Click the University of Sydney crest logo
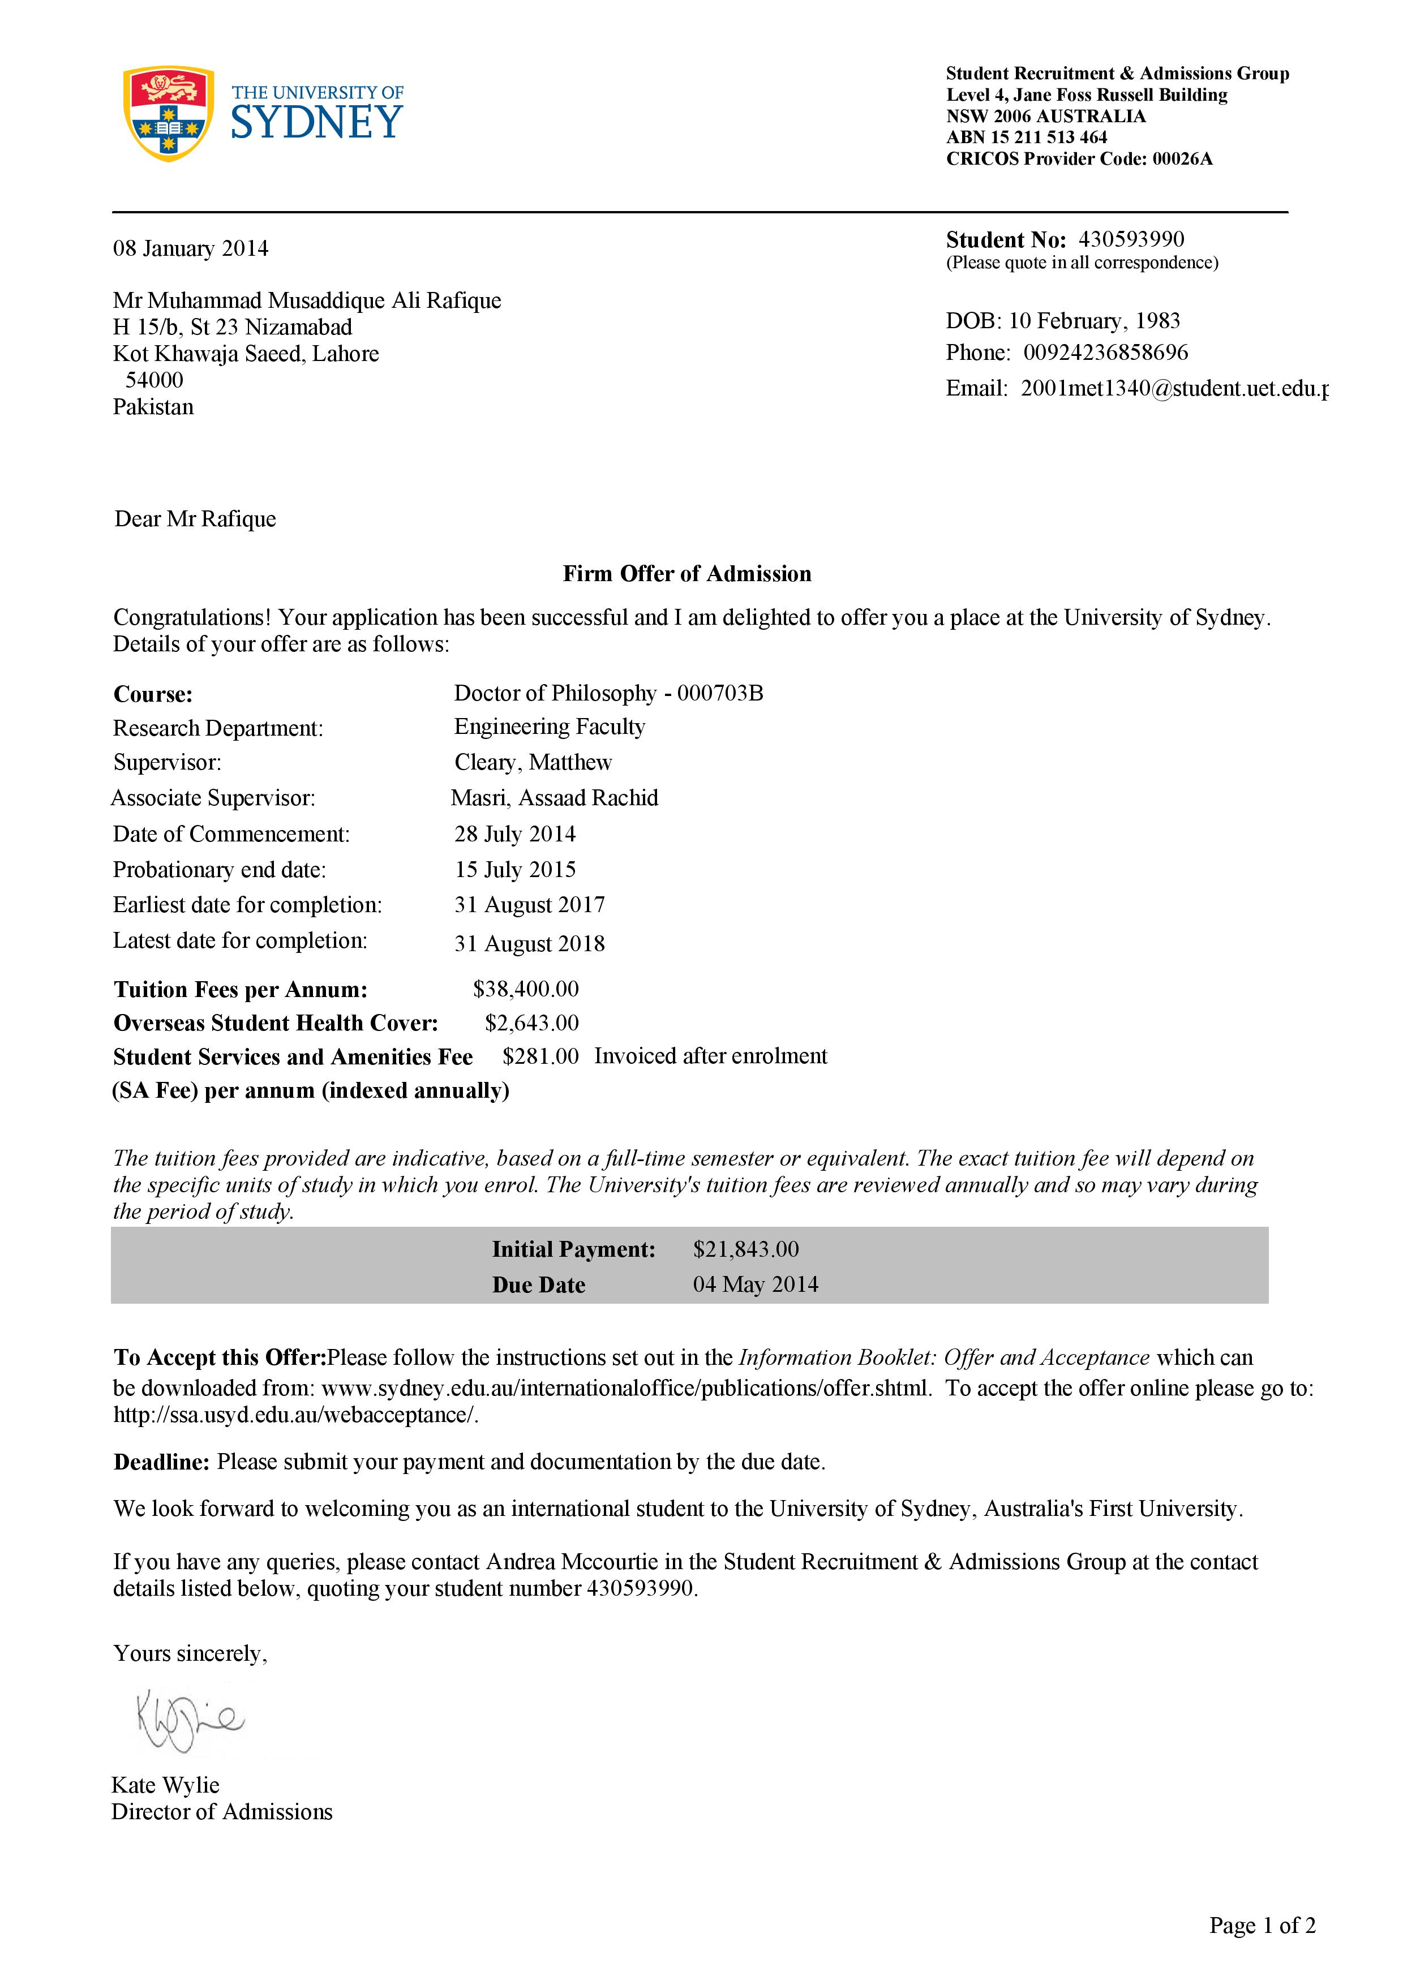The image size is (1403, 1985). tap(169, 113)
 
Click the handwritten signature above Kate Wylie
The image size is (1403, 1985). tap(190, 1720)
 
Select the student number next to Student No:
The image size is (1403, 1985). tap(1131, 239)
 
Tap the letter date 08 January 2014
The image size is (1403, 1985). tap(190, 249)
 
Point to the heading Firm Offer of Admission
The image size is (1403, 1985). tap(687, 574)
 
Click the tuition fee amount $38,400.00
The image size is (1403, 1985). tap(526, 989)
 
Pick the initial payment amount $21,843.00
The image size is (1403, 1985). tap(745, 1249)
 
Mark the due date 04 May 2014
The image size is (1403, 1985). tap(754, 1284)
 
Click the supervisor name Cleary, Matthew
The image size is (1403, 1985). tap(533, 763)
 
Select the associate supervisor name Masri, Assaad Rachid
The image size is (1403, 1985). tap(554, 798)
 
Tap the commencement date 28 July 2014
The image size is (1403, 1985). tap(514, 834)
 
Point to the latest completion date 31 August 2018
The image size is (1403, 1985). tap(529, 943)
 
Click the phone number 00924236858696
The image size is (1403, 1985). tap(1106, 353)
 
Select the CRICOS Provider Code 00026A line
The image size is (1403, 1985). tap(1079, 159)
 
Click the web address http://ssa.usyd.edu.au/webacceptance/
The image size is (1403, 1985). tap(295, 1415)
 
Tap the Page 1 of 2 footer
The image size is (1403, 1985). tap(1262, 1926)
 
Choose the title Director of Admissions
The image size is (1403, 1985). tap(222, 1812)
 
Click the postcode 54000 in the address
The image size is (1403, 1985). tap(154, 380)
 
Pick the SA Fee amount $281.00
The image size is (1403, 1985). tap(540, 1056)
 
